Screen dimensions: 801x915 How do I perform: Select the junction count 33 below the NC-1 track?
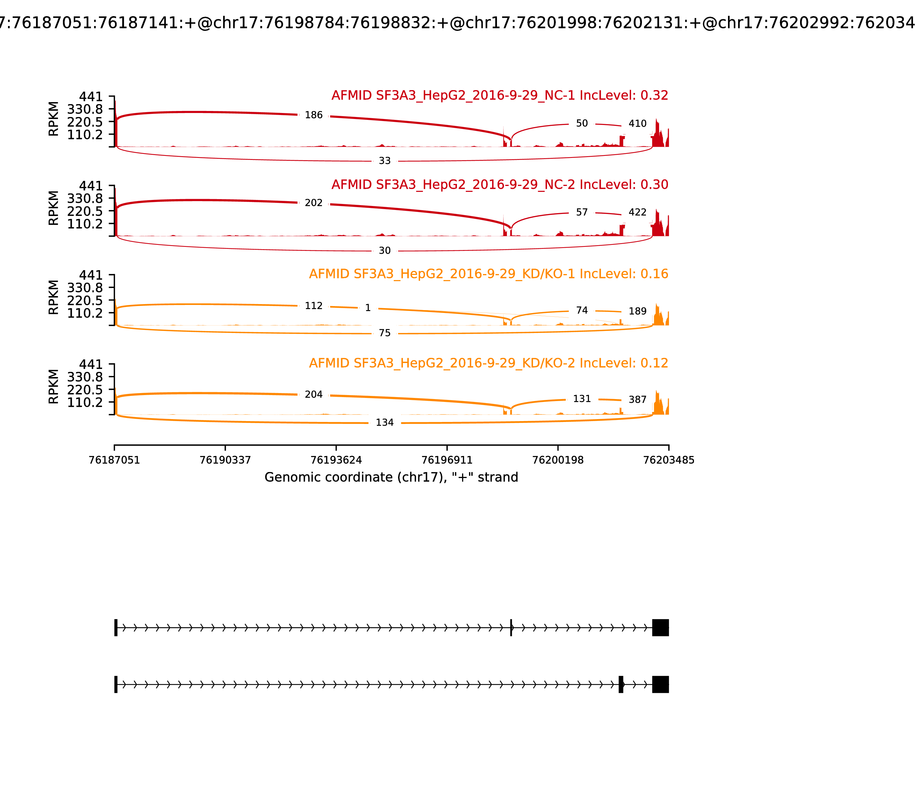384,161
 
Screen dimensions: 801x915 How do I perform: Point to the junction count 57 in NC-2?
582,212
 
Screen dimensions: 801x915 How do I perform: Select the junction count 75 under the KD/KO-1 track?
384,333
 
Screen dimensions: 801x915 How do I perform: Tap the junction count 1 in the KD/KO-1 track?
368,308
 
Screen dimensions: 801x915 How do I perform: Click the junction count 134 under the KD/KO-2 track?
384,423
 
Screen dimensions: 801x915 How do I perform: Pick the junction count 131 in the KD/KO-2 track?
582,399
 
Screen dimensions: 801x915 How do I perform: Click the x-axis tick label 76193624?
336,460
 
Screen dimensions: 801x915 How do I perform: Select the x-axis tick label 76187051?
114,460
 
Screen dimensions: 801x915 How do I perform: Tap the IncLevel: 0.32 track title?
500,96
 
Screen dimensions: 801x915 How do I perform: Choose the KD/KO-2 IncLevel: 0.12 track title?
488,363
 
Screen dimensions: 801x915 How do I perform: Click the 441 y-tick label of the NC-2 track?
91,186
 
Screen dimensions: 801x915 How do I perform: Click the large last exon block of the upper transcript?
660,628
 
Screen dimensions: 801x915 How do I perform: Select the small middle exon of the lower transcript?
620,684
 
